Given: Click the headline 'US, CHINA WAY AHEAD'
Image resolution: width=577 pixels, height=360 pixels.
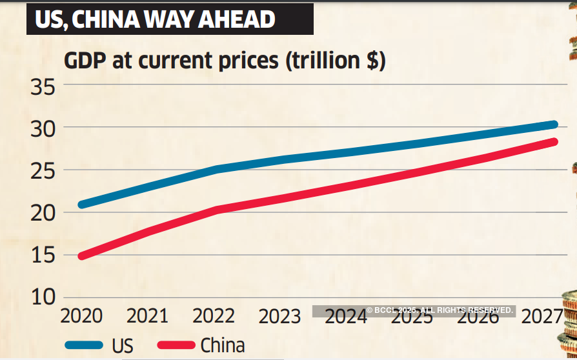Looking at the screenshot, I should pyautogui.click(x=155, y=19).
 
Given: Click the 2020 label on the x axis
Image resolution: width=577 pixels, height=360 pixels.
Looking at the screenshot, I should pyautogui.click(x=81, y=316).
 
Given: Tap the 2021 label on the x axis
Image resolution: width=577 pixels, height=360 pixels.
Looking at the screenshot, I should pyautogui.click(x=147, y=316).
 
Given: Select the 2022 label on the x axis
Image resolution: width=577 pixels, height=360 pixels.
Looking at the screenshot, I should pyautogui.click(x=214, y=316).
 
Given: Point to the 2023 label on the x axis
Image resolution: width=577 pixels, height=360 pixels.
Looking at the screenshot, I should pyautogui.click(x=279, y=316).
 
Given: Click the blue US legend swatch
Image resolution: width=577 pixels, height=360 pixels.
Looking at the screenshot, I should pyautogui.click(x=84, y=345).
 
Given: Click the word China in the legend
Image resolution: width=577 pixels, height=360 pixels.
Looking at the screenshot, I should pyautogui.click(x=223, y=345).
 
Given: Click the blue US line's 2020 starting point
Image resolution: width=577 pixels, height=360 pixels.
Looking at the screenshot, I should pyautogui.click(x=81, y=205).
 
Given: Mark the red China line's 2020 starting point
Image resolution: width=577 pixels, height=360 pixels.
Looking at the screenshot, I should pyautogui.click(x=81, y=256).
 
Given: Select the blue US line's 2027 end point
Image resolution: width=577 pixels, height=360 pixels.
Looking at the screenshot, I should pyautogui.click(x=553, y=125).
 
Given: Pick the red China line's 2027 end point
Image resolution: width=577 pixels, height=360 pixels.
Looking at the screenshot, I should pyautogui.click(x=553, y=142).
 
